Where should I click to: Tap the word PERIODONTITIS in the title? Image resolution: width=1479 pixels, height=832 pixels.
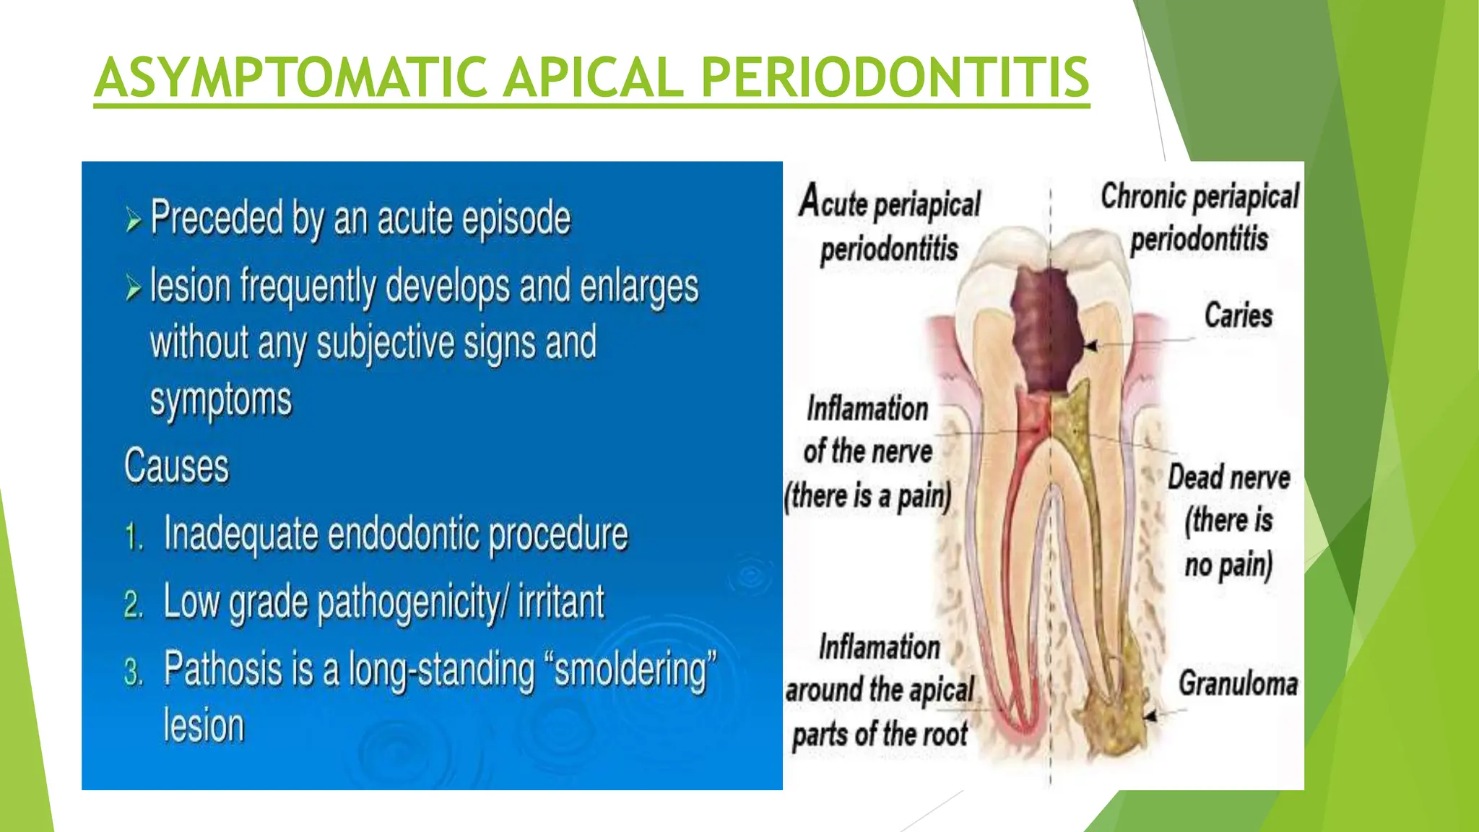click(895, 77)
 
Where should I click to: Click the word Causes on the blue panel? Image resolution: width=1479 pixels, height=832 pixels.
click(176, 466)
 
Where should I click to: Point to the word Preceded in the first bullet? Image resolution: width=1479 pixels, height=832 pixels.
click(217, 218)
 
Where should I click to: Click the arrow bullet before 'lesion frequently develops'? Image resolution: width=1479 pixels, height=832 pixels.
click(134, 287)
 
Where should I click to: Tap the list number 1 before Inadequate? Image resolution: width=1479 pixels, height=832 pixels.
click(133, 537)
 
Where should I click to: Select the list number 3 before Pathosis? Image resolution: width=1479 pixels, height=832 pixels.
click(134, 672)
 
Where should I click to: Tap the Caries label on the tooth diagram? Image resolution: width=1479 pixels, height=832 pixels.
click(1238, 316)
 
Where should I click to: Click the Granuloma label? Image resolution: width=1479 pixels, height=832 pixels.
click(1238, 683)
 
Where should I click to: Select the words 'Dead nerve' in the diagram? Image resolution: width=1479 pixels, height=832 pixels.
click(1228, 477)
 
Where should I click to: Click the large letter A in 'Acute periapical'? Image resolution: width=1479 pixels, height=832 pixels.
click(810, 201)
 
